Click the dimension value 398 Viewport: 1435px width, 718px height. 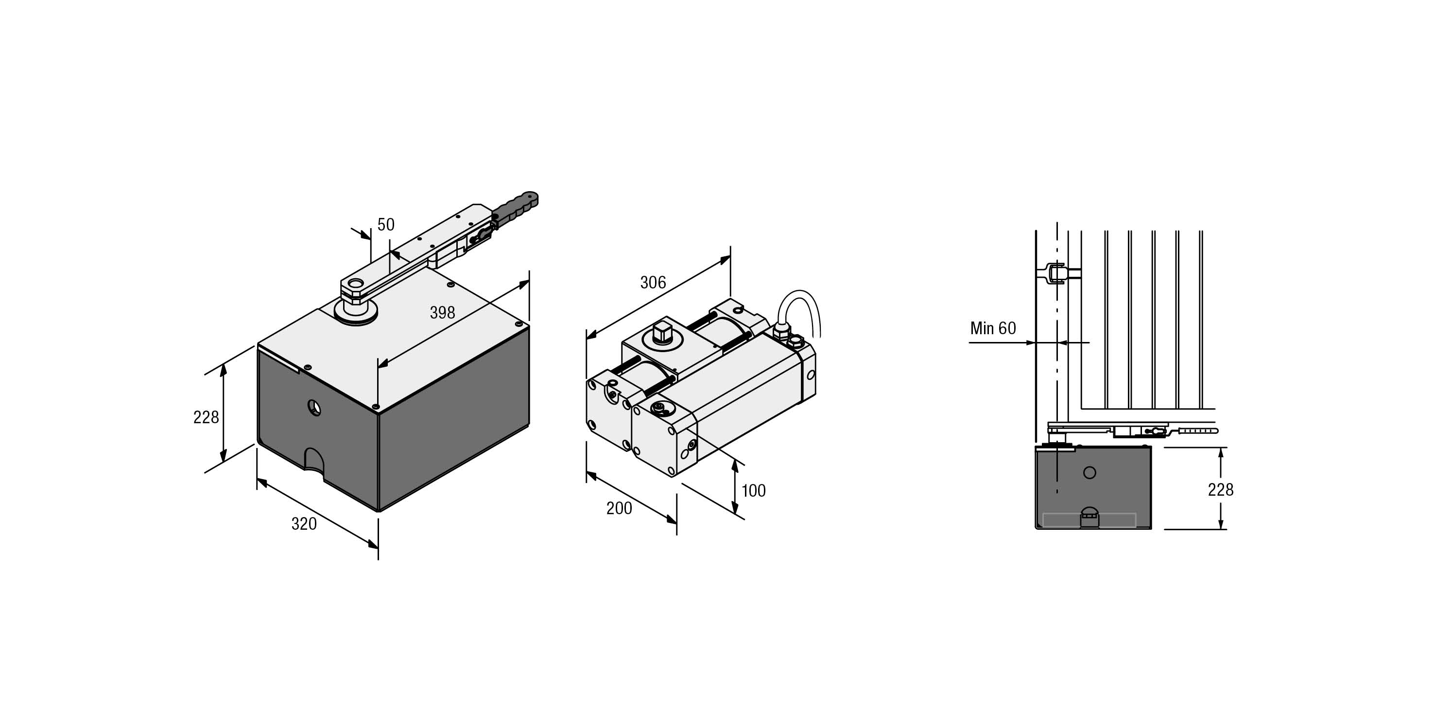442,313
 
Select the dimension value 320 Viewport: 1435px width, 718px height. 304,524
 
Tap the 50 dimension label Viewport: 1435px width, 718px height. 385,225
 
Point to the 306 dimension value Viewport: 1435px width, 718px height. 653,283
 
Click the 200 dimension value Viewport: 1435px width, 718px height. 619,508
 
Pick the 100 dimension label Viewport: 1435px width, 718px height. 753,490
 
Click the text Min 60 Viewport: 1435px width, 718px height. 993,328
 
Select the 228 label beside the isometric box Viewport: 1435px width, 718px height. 206,417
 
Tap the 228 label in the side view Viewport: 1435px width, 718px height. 1220,489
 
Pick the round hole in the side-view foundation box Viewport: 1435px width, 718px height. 1089,473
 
